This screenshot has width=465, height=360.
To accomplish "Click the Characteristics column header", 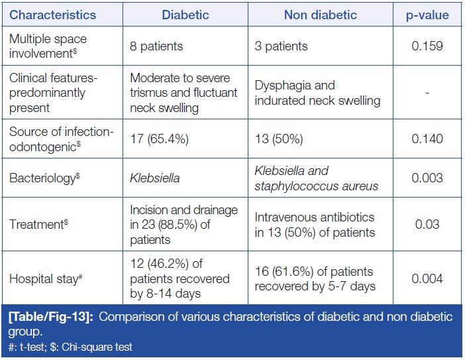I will coord(53,15).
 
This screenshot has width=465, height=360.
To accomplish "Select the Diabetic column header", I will coord(185,15).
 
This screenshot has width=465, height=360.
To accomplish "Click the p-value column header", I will coord(427,15).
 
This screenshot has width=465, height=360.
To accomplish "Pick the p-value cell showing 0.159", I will coord(427,47).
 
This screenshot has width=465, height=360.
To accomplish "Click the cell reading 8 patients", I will coord(156,47).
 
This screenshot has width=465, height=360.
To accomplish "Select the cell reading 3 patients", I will coord(281,47).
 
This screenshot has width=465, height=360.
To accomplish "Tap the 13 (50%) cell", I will coord(279,140).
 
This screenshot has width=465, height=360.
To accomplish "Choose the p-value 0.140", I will coord(427,140).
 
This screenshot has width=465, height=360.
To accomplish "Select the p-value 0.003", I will coord(427,178).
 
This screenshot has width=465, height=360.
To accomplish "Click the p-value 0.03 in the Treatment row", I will coord(427,225).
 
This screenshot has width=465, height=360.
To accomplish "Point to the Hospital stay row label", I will coord(44,278).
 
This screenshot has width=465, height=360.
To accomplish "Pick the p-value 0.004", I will coord(427,278).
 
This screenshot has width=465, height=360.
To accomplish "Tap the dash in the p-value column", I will coord(427,93).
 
